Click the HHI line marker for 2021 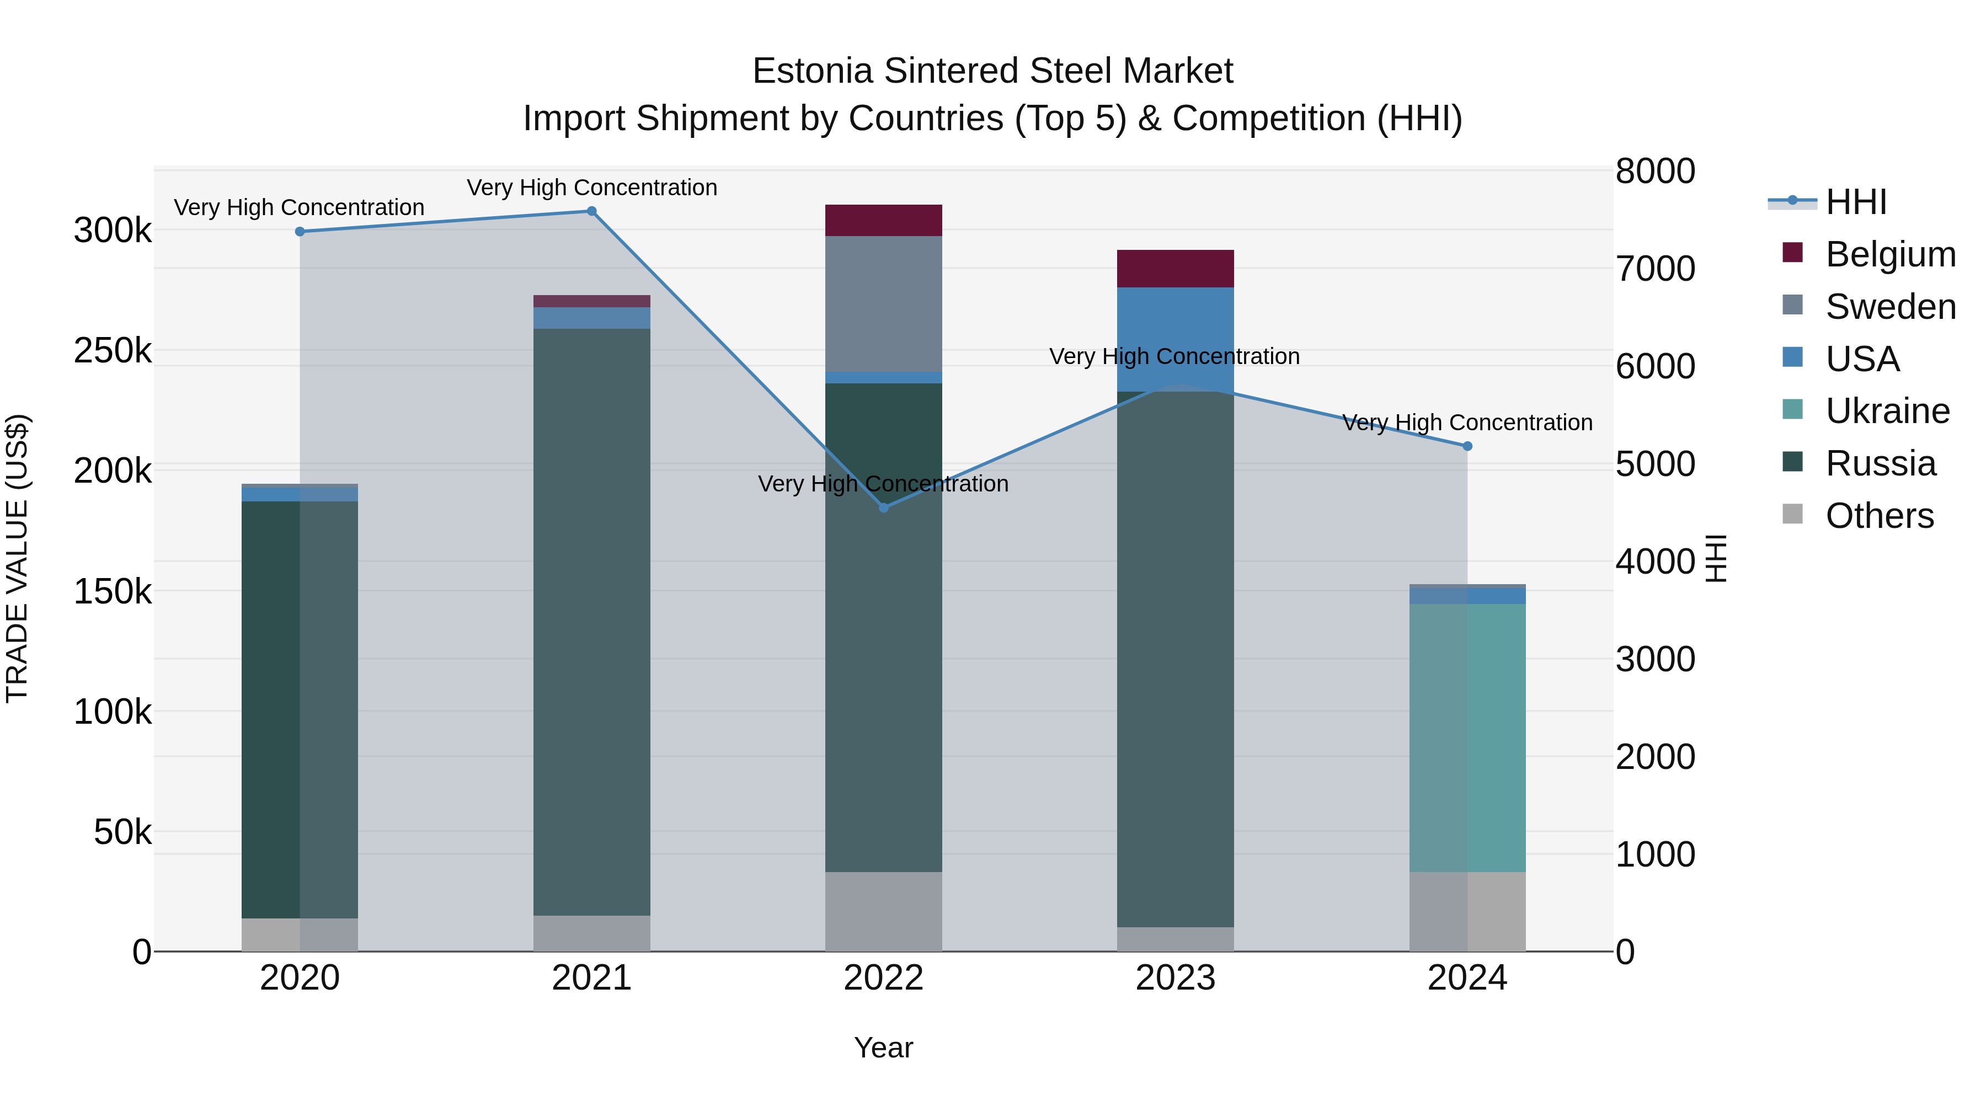click(x=592, y=211)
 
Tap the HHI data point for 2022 click(x=884, y=508)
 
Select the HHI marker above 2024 click(x=1467, y=446)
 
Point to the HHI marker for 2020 click(x=300, y=231)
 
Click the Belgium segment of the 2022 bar click(x=884, y=221)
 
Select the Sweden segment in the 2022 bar click(x=884, y=304)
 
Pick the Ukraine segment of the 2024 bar click(x=1467, y=737)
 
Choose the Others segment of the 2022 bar click(x=884, y=911)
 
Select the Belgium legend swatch click(x=1792, y=253)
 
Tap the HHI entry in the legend click(x=1856, y=202)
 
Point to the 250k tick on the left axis click(x=113, y=351)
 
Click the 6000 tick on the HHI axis click(x=1655, y=366)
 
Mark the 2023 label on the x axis click(x=1175, y=978)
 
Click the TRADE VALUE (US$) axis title click(x=18, y=558)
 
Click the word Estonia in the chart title click(x=813, y=71)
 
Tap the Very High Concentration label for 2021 click(x=592, y=188)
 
